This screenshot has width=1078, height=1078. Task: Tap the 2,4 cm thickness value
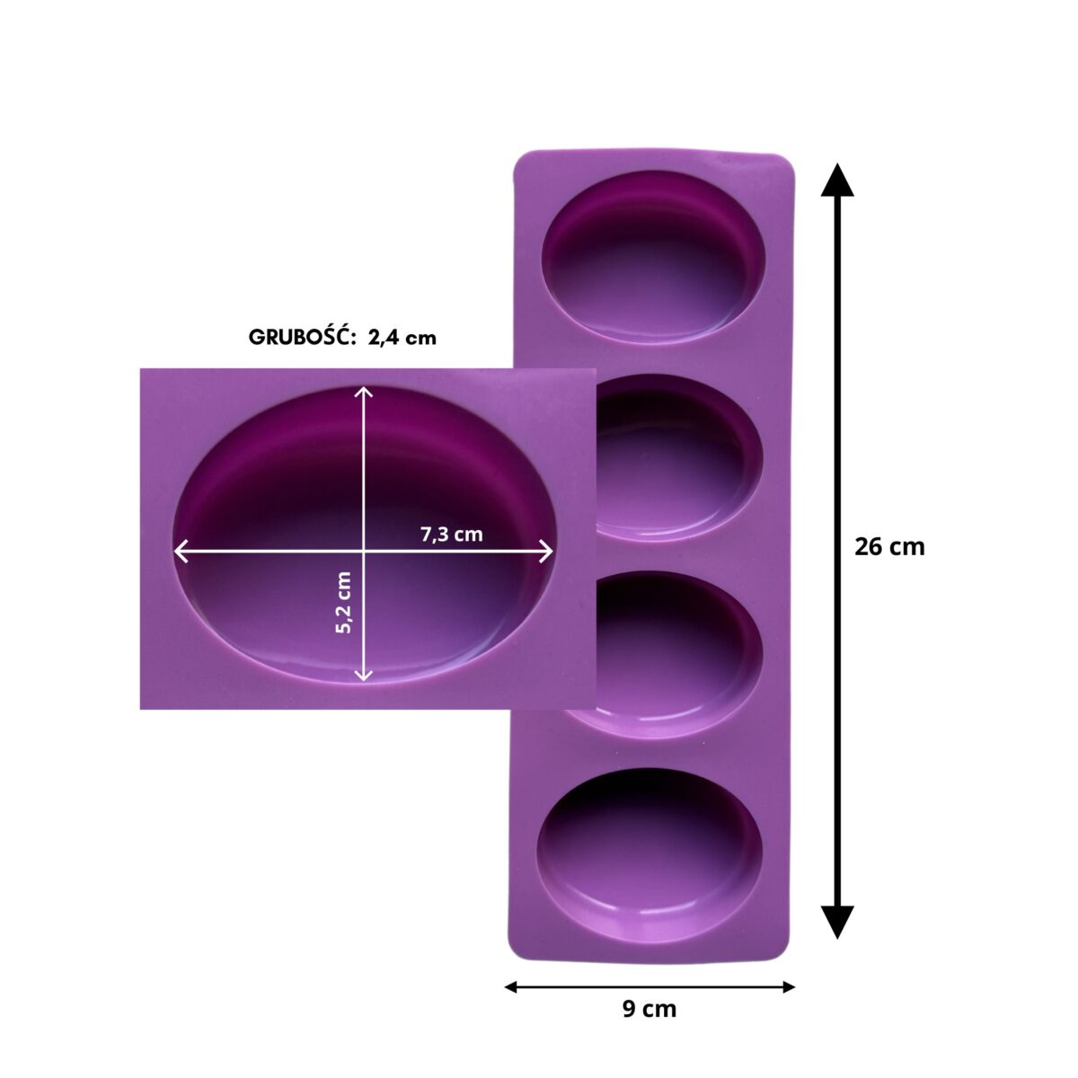point(402,339)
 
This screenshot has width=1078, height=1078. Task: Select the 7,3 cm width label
point(452,535)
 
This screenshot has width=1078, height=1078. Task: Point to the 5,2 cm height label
point(343,602)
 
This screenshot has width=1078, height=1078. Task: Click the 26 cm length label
point(889,547)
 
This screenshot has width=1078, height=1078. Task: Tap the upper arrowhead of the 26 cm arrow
point(837,181)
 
